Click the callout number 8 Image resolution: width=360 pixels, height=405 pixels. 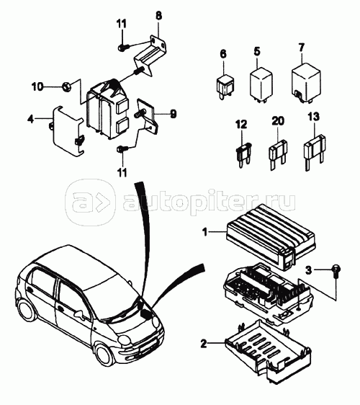click(158, 16)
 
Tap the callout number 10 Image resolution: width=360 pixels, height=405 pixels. click(37, 86)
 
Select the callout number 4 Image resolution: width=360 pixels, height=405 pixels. click(31, 119)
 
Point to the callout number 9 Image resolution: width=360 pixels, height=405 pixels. click(174, 114)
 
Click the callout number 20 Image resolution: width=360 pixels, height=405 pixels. click(278, 121)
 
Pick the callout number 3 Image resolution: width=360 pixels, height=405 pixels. click(309, 270)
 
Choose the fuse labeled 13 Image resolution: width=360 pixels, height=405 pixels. click(313, 151)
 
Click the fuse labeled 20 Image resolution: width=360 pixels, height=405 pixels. click(278, 154)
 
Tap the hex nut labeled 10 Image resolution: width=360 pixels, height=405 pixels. click(66, 86)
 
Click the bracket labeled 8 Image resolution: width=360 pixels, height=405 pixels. click(150, 55)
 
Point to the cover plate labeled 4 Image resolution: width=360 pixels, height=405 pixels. click(68, 130)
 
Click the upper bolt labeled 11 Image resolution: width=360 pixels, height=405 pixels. click(123, 48)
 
